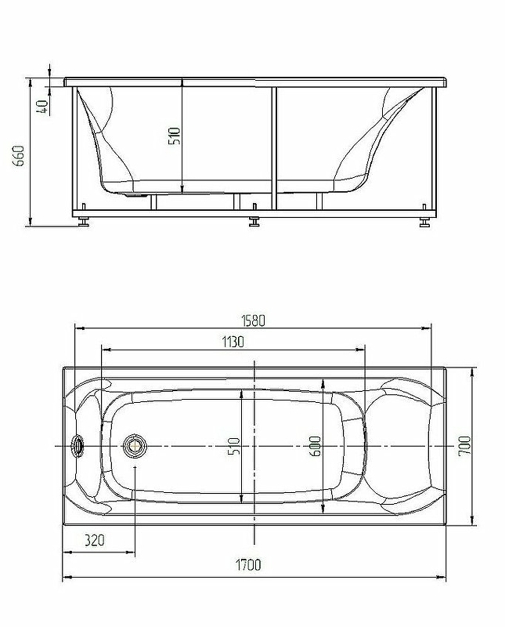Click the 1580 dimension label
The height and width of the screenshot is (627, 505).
point(253,321)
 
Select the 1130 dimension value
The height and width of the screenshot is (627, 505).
point(233,342)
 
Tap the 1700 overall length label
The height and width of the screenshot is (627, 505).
point(247,565)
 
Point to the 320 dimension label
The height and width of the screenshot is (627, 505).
point(94,541)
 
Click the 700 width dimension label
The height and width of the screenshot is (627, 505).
point(464,446)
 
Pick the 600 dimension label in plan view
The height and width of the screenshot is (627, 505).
point(316,446)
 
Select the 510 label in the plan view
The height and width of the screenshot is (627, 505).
point(234,446)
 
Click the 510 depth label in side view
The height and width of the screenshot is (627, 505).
point(175,136)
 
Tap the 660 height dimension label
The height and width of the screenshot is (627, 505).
point(19,156)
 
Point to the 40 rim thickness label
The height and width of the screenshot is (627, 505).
point(42,107)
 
